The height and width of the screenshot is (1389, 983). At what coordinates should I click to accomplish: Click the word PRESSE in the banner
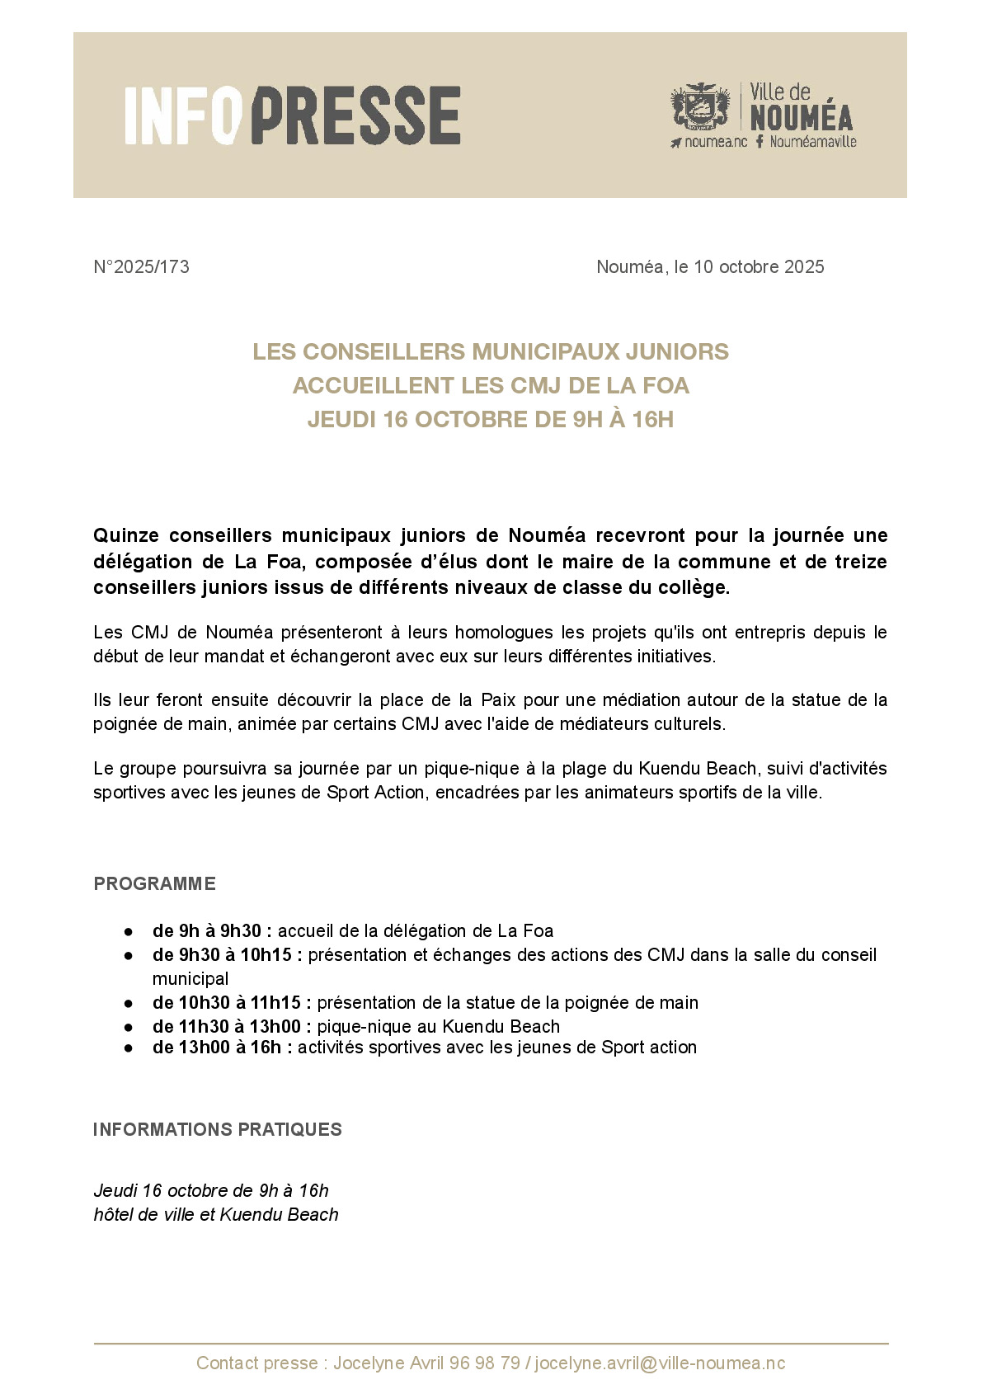click(x=355, y=115)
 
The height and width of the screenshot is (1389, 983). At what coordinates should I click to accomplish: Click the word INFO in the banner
click(x=183, y=115)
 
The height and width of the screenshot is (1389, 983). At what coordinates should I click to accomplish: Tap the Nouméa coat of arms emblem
click(x=700, y=107)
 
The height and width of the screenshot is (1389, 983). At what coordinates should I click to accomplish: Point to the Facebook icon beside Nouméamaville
click(x=760, y=142)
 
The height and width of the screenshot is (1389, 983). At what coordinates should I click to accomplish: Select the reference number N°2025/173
click(x=141, y=266)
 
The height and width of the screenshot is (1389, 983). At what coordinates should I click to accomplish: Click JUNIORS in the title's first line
click(x=677, y=351)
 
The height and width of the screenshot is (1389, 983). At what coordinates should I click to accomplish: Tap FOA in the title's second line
click(x=665, y=385)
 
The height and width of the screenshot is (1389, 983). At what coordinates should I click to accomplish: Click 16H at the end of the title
click(x=652, y=419)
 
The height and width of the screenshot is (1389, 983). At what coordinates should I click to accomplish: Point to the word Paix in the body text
click(x=498, y=700)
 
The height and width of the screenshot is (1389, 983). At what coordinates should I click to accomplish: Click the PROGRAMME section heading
click(x=154, y=883)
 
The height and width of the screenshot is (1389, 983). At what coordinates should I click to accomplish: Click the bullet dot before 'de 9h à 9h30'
click(x=129, y=931)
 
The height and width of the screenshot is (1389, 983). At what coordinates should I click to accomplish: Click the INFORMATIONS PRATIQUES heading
click(x=217, y=1129)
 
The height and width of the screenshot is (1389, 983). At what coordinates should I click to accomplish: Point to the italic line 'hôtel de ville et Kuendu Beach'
click(x=216, y=1214)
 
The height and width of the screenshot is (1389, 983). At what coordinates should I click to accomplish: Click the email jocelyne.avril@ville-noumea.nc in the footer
click(x=660, y=1363)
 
